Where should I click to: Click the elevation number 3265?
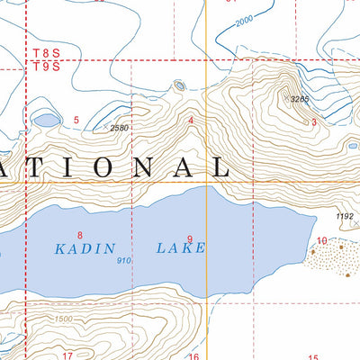299,99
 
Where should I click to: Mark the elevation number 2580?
121,129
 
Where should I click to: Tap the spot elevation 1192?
346,216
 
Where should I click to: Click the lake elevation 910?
124,261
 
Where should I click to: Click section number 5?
76,120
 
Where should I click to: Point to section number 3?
312,121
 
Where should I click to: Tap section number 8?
80,211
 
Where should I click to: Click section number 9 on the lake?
190,238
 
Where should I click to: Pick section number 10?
322,240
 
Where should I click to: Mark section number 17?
67,355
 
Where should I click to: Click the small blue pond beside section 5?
46,120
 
